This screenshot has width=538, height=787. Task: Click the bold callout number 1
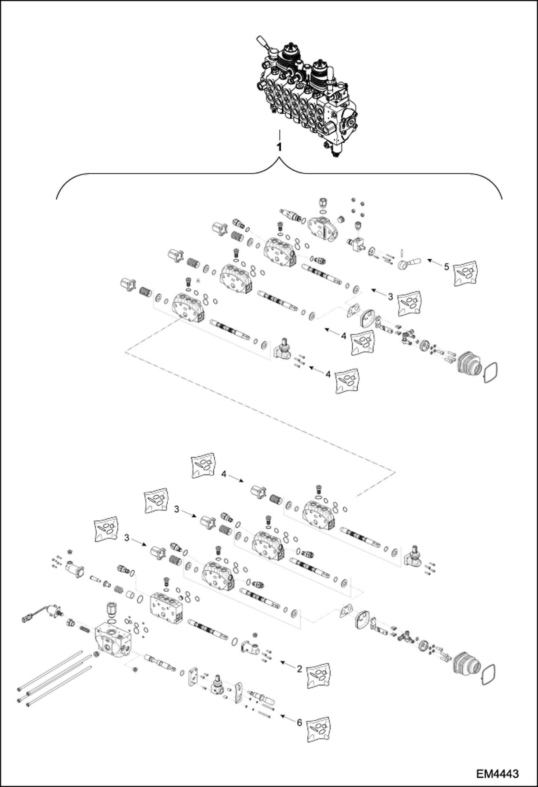click(279, 147)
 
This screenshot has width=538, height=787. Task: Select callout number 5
click(446, 267)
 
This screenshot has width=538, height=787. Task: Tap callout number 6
click(299, 723)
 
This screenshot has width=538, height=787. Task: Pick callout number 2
click(299, 669)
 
